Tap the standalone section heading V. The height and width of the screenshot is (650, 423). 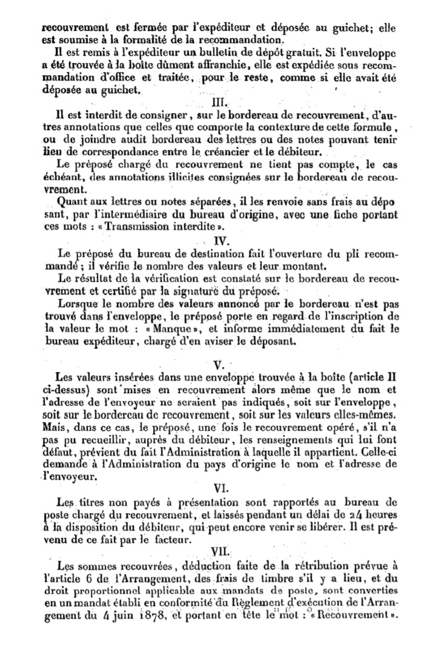(220, 365)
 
